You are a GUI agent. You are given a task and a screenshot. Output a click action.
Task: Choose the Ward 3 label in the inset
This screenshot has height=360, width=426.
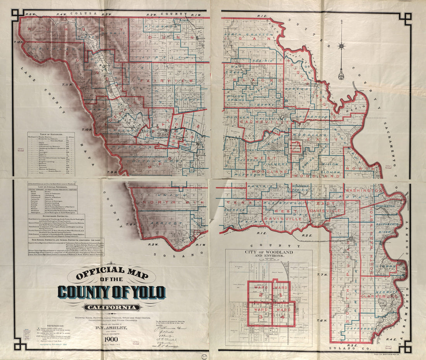[x=259, y=313]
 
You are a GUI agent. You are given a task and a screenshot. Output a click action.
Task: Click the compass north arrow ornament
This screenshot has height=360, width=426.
[x=341, y=50]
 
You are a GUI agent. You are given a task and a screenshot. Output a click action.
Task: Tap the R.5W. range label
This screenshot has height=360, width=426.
[x=30, y=15]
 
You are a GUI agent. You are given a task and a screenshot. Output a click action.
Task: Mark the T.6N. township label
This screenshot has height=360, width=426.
[x=322, y=321]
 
